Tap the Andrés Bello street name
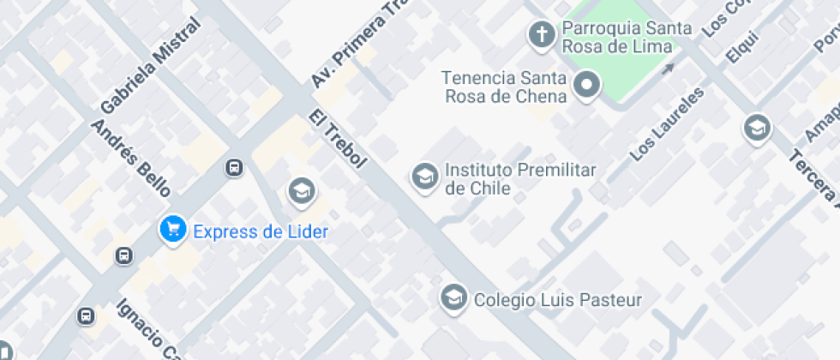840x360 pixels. point(130,158)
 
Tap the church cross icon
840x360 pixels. point(541,34)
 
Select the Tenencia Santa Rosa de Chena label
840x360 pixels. point(506,87)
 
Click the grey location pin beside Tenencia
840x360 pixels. point(587,85)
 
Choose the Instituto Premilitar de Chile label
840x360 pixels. point(519,179)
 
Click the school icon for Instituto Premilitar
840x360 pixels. point(423,177)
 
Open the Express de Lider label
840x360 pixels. point(261,231)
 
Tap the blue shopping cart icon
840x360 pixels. point(173,229)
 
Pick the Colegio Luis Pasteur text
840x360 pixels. point(557,300)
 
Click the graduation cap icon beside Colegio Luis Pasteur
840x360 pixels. point(452,298)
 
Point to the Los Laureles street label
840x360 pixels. point(666,123)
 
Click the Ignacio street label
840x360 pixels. point(149,330)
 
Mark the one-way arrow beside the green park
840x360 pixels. point(668,68)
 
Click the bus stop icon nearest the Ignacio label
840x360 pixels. point(86,316)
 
